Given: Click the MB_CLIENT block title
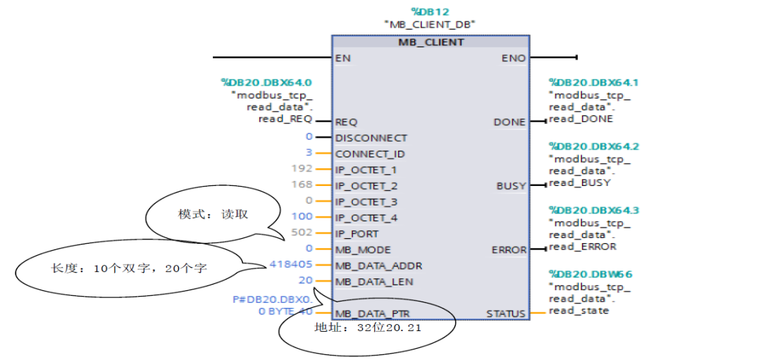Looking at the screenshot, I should point(431,42).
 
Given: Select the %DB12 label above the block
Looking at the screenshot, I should point(430,11).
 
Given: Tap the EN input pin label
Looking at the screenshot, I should point(343,58).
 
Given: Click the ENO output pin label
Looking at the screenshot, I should point(514,58).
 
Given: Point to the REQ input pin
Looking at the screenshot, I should point(346,122).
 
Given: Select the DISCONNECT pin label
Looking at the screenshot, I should point(371,138).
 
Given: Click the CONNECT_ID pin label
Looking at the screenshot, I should point(370,154).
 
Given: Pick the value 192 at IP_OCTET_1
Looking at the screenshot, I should point(302,170).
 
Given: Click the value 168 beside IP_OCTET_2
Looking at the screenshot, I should point(302,186).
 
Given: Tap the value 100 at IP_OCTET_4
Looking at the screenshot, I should point(302,218).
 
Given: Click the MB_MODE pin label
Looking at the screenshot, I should point(363,250).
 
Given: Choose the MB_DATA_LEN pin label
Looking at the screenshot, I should point(374,282).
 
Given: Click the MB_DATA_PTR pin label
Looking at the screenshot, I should point(373,314).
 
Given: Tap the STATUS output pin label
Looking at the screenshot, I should point(506,314).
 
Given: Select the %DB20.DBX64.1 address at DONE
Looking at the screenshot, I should point(593,82).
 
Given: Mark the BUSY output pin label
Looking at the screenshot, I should point(511,186).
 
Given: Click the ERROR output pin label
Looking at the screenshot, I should point(509,250).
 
